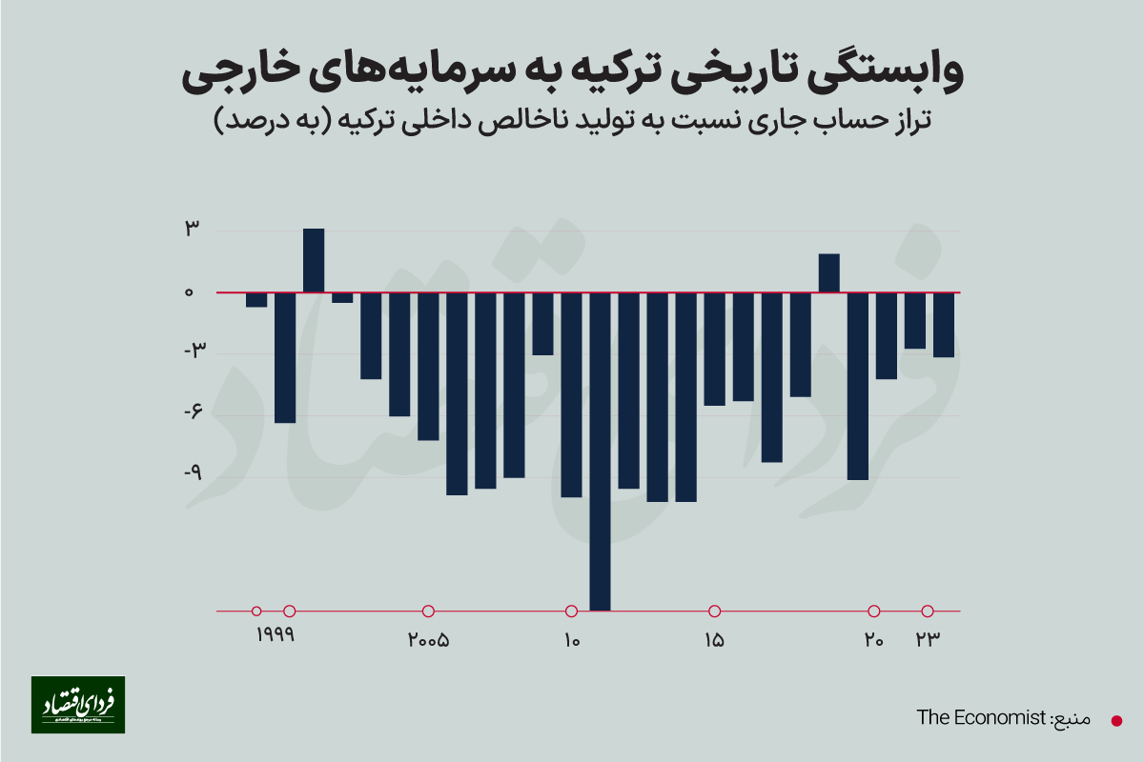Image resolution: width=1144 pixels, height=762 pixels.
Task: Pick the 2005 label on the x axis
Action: (428, 640)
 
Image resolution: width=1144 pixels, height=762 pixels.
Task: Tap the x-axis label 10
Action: (571, 640)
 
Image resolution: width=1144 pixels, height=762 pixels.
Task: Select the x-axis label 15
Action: (714, 640)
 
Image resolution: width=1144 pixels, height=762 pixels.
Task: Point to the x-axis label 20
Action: (873, 640)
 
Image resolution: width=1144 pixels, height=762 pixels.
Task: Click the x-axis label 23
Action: (929, 640)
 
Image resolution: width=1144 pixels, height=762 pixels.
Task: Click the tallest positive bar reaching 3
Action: (314, 261)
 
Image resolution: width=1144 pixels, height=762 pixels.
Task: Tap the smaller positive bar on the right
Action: (828, 273)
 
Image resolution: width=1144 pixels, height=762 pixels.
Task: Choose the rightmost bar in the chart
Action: (943, 325)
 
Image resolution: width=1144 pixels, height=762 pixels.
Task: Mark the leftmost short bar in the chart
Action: (256, 300)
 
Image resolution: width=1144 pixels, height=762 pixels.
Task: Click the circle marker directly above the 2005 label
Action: (428, 611)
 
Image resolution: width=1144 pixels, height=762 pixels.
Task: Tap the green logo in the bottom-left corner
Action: (78, 705)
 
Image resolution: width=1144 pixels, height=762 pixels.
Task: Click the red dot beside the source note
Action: (1116, 720)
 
